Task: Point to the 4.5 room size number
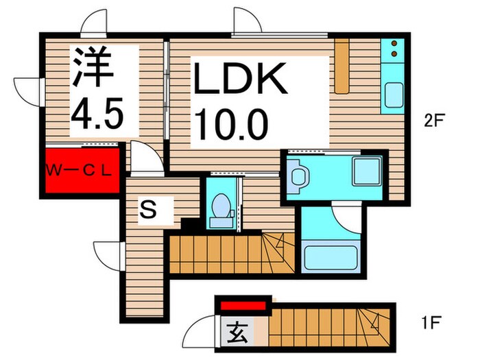(x=97, y=113)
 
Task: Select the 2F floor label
(x=435, y=121)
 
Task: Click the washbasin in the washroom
(x=299, y=176)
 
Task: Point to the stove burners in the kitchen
(x=395, y=49)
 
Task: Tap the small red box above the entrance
(x=243, y=306)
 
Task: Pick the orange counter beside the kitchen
(x=342, y=65)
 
